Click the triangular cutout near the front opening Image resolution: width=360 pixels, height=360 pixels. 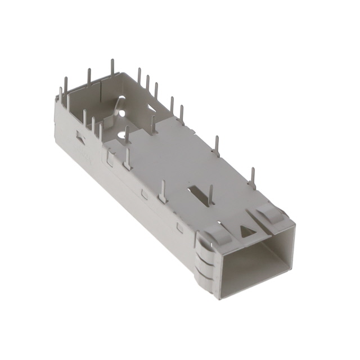point(246,231)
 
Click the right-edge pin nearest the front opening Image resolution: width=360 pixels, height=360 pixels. point(253,179)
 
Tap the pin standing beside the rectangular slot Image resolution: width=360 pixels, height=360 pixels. point(211,195)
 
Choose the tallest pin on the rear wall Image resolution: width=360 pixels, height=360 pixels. point(112,70)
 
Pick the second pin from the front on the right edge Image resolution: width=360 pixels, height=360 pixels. point(215,145)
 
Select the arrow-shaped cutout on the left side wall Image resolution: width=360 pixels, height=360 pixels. point(78,136)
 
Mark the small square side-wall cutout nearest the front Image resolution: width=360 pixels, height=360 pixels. point(179,227)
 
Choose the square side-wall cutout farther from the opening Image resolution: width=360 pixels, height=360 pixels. point(145,194)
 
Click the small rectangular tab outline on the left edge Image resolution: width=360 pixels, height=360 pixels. point(111,160)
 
